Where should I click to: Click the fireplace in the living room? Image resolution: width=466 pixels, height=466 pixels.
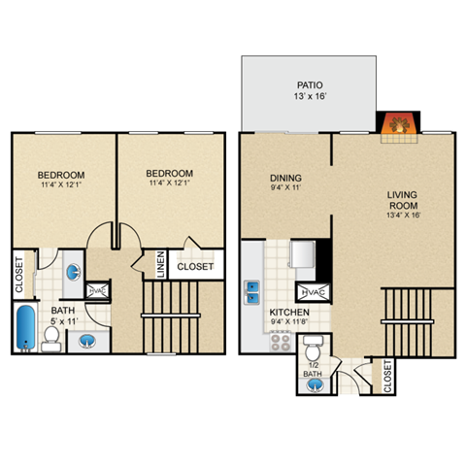coord(396,125)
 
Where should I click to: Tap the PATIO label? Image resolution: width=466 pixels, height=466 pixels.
coord(309,84)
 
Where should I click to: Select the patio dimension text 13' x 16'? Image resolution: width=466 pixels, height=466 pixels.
coord(309,97)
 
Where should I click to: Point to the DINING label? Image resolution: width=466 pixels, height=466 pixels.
coord(285,178)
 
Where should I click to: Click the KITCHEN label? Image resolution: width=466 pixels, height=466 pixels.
coord(288,313)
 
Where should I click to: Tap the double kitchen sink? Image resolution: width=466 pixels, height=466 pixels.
coord(252,289)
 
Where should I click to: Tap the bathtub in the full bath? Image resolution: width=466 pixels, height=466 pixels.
coord(24,328)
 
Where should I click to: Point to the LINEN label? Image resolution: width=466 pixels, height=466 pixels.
coord(161,263)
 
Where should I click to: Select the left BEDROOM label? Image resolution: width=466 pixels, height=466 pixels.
coord(60,174)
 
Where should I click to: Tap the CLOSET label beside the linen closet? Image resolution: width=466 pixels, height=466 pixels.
coord(195,263)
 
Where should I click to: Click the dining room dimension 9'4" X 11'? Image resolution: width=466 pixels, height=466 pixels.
coord(285,189)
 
